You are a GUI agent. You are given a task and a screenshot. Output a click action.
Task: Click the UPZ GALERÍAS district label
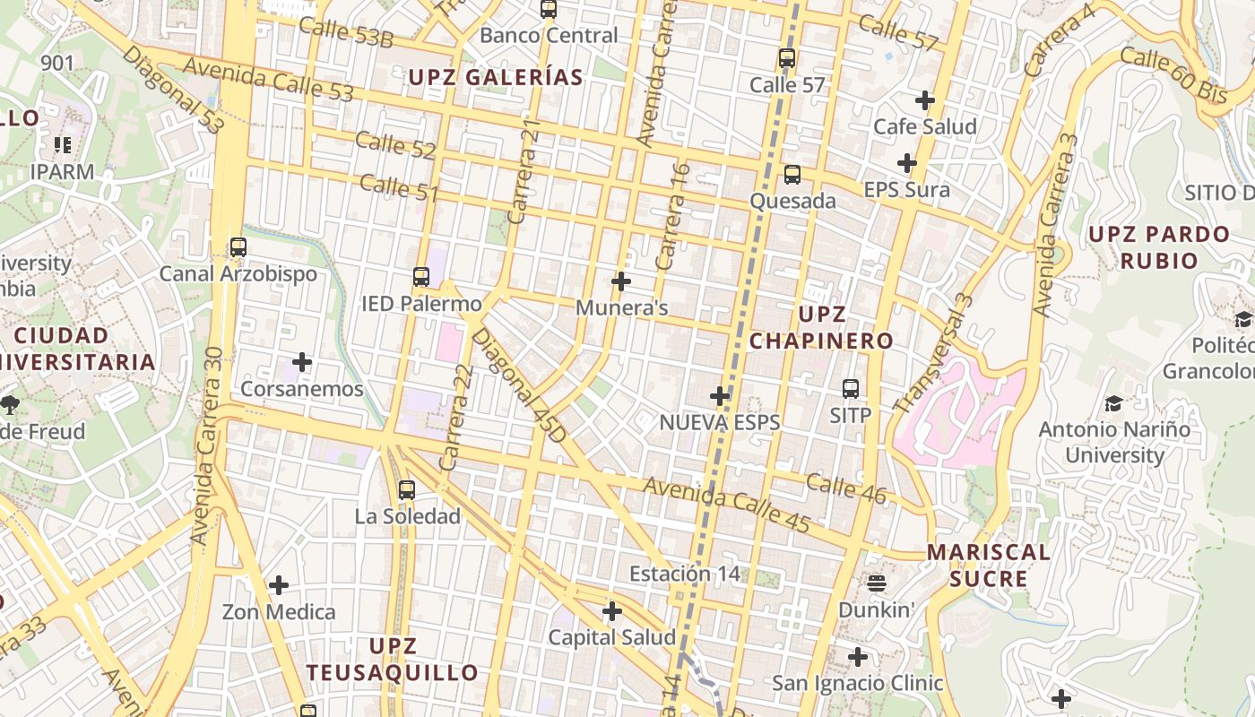tap(496, 77)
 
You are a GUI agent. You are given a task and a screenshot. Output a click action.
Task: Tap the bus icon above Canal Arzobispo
tap(238, 247)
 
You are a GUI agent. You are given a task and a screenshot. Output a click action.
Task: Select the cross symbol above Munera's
tap(620, 281)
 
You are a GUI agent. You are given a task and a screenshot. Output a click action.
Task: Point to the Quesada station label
tap(792, 201)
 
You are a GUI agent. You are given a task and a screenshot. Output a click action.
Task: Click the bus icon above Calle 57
tap(786, 58)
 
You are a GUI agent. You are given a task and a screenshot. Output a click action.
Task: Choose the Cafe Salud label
tap(925, 126)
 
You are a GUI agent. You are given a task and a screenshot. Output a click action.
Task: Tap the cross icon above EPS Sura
tap(907, 163)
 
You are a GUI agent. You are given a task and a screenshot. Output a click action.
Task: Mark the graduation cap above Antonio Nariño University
tap(1113, 403)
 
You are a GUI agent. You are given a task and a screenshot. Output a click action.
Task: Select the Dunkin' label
tap(876, 609)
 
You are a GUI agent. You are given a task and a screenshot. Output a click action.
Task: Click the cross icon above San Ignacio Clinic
tap(858, 657)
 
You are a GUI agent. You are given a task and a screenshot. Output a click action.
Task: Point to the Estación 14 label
tap(686, 574)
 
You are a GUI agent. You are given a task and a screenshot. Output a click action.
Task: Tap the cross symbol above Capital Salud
tap(612, 611)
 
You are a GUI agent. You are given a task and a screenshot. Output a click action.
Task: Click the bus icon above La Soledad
tap(407, 490)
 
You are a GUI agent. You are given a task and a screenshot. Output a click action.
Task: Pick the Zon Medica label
tap(279, 612)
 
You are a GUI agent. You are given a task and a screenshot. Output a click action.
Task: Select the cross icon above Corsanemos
tap(302, 362)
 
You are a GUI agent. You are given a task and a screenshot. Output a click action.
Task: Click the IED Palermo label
tap(421, 304)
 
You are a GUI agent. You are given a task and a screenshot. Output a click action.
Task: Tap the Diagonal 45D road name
tap(520, 385)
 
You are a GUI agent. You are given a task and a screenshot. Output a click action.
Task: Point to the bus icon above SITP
tap(850, 389)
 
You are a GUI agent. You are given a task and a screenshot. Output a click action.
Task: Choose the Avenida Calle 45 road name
tap(726, 505)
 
